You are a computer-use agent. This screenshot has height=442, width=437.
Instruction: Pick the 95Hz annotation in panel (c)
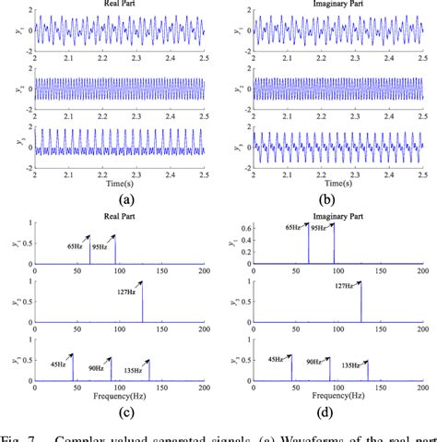98,246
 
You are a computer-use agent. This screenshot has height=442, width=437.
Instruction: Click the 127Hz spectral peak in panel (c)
118,295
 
